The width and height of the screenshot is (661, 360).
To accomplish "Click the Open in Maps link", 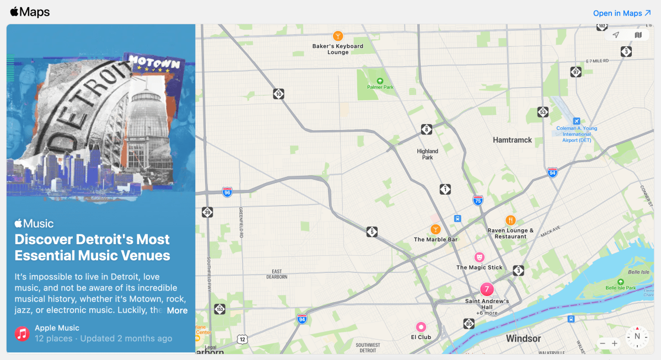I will (622, 13).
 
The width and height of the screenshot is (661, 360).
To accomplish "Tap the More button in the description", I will (177, 310).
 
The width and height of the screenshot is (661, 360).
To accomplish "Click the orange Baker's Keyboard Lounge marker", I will (338, 36).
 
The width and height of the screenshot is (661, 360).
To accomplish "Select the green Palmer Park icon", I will (380, 80).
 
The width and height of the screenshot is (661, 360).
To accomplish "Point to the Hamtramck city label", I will (512, 140).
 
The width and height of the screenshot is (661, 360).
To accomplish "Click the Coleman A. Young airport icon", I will (577, 121).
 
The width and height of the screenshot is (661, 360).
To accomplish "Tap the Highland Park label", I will (427, 154).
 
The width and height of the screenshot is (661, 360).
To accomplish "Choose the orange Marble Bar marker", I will (436, 229).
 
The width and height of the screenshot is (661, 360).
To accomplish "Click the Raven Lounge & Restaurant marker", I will (510, 221).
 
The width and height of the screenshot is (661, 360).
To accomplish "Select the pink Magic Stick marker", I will (480, 257).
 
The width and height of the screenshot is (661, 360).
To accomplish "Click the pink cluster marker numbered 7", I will (486, 289).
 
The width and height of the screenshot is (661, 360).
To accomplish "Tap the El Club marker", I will (421, 327).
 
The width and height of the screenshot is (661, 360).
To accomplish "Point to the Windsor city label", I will (523, 338).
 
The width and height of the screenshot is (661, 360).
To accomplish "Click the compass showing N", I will (637, 336).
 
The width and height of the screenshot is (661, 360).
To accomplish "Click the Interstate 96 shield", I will (227, 192).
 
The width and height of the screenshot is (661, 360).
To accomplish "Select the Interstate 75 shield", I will (478, 200).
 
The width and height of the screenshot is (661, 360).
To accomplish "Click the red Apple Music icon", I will (22, 333).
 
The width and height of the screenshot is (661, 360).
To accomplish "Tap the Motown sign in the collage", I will (154, 65).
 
